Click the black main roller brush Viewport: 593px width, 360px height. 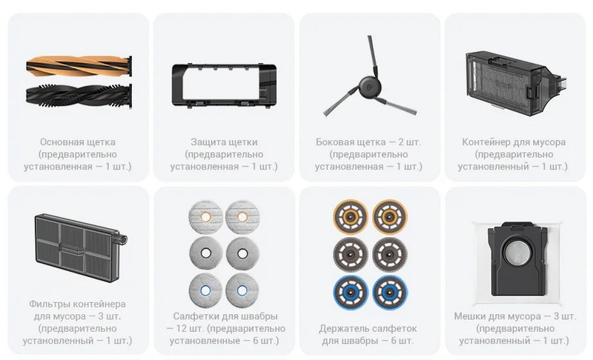(x=79, y=93)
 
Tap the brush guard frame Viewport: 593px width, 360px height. (x=224, y=85)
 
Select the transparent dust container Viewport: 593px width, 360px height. (x=516, y=83)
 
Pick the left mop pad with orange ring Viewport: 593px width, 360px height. (x=205, y=217)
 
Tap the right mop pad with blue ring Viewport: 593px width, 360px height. (x=242, y=290)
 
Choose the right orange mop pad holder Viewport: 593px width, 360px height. (x=390, y=217)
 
